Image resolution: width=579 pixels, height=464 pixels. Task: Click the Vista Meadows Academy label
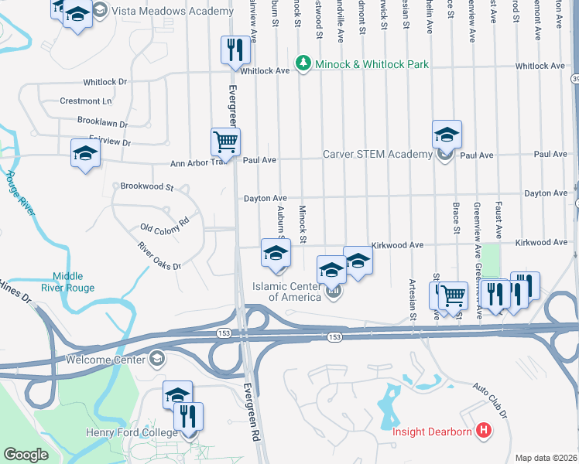[172, 11]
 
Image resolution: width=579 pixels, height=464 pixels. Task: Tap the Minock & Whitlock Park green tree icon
[303, 64]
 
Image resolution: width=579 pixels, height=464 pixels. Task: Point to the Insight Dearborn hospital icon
[483, 431]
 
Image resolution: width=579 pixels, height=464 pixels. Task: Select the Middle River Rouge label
[74, 282]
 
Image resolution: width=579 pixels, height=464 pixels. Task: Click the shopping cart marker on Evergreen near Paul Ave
[225, 142]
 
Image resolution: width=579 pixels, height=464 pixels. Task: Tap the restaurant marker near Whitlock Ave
[235, 50]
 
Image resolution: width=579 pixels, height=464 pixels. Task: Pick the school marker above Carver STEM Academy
[447, 135]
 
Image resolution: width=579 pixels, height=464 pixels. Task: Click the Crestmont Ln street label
[86, 101]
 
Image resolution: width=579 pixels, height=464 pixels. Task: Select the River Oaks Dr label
[159, 256]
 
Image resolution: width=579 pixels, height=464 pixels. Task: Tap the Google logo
[26, 455]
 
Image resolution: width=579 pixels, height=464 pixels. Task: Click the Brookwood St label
[147, 186]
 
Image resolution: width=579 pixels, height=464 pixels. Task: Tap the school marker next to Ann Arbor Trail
[85, 153]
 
